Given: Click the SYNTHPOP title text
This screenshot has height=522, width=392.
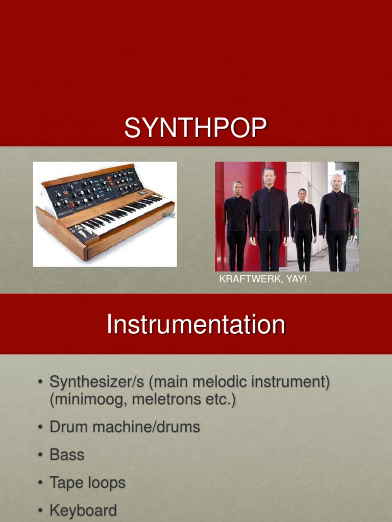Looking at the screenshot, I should tap(195, 127).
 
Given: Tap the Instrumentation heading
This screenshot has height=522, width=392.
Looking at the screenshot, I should tap(195, 325).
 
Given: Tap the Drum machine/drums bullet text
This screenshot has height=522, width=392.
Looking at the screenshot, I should tap(125, 427).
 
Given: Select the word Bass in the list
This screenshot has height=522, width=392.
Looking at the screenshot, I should tap(67, 455).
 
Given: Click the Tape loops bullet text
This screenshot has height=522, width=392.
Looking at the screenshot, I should tap(87, 483).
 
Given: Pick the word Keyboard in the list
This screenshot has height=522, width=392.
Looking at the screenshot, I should tap(83, 510).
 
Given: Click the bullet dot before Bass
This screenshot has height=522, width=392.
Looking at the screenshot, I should tap(40, 455).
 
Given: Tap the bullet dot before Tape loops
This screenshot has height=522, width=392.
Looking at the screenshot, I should tap(40, 483).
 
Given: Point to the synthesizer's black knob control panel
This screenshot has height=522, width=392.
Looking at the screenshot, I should tap(94, 191).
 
